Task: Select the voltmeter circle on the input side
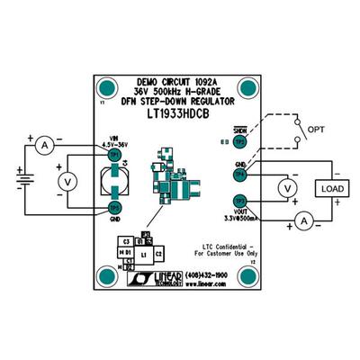coord(65,180)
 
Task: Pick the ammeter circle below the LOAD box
coord(304,220)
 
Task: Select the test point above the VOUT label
coord(240,200)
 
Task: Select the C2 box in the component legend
coord(157,256)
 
